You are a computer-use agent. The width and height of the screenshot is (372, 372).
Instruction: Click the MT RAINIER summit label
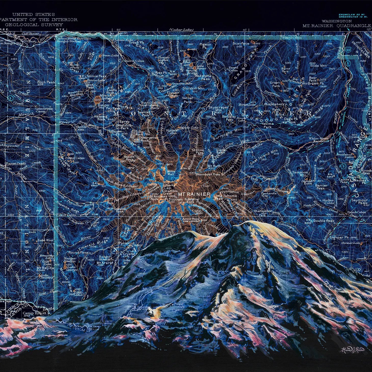click(x=194, y=194)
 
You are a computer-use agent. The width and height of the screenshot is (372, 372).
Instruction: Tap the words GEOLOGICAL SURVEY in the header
click(x=34, y=25)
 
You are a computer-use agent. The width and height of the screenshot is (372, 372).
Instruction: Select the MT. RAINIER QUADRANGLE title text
click(x=336, y=26)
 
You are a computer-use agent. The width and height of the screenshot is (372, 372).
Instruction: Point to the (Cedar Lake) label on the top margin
click(x=181, y=30)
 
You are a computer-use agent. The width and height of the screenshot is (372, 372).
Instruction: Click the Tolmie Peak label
click(x=97, y=76)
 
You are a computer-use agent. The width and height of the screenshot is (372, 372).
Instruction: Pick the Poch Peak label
click(x=46, y=82)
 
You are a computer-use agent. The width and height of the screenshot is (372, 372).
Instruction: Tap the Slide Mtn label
click(x=318, y=65)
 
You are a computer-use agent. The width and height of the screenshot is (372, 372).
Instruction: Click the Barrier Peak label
click(x=321, y=187)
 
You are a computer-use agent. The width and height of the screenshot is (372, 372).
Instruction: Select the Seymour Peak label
click(x=359, y=202)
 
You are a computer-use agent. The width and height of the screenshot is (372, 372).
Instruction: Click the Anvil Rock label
click(x=191, y=219)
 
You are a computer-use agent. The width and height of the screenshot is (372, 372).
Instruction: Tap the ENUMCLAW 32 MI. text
click(x=353, y=15)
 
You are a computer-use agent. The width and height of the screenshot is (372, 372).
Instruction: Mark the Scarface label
click(x=241, y=44)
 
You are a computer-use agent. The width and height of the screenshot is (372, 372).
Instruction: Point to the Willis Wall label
click(x=171, y=173)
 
